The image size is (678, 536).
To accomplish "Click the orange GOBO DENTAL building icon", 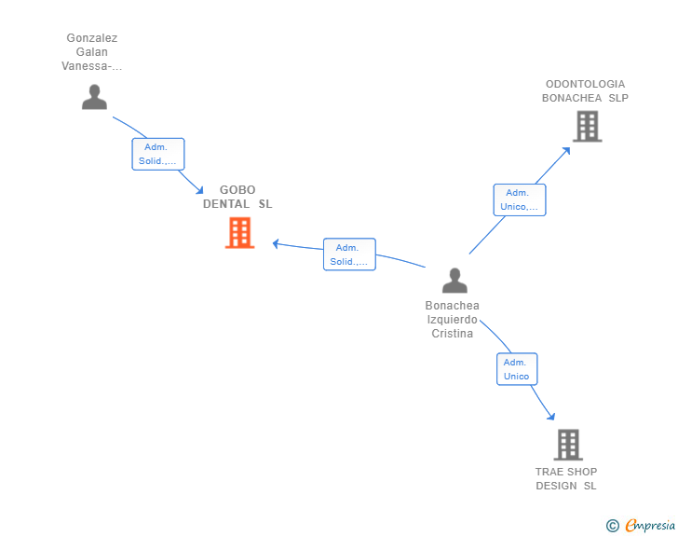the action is [240, 233].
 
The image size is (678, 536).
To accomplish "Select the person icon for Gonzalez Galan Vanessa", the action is [94, 97].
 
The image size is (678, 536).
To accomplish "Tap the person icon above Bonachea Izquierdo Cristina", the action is [454, 281].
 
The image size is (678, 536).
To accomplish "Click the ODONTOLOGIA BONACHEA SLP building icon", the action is [587, 127].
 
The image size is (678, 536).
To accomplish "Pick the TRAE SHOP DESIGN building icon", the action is [568, 445].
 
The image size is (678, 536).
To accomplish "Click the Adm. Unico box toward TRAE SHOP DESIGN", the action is [517, 369].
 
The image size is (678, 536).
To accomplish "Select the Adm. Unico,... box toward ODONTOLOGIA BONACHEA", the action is [520, 199].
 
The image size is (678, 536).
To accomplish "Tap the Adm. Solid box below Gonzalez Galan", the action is [157, 154].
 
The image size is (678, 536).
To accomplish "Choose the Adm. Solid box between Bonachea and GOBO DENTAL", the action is [349, 254].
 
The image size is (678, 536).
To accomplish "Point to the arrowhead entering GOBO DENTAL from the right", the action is [276, 243].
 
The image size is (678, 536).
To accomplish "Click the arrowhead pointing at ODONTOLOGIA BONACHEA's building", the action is [566, 151].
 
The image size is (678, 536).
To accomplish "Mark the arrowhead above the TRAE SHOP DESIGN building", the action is [551, 416].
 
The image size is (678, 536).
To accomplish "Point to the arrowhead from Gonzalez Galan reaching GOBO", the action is [199, 190].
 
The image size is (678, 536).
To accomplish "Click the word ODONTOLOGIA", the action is [585, 84].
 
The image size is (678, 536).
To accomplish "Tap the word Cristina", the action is [452, 334].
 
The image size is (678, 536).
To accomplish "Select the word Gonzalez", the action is [91, 38].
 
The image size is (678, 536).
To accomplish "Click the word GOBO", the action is [237, 189].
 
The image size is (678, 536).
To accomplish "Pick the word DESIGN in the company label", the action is [556, 486].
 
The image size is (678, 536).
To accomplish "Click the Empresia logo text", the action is [650, 525].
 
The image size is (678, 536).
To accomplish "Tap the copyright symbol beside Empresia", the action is [612, 526].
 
